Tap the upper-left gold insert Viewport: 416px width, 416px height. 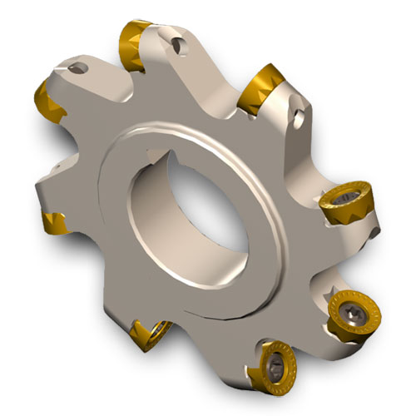point(48,98)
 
